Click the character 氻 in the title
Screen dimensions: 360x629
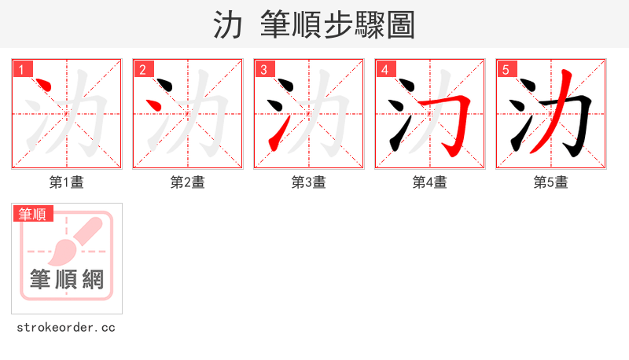click(227, 25)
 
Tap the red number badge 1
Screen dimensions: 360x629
click(22, 70)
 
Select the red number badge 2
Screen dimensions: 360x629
click(143, 70)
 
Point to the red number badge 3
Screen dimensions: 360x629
click(264, 70)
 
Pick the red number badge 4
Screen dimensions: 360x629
click(385, 70)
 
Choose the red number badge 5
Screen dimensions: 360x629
click(506, 70)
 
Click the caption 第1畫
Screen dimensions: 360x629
click(67, 182)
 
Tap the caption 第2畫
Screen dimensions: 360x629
click(188, 182)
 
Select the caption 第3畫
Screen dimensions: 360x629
click(309, 182)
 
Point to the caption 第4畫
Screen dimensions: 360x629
click(430, 182)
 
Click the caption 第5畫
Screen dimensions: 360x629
click(551, 182)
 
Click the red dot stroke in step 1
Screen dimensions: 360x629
click(45, 86)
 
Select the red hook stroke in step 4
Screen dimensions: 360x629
click(463, 118)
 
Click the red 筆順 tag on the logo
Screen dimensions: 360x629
click(33, 213)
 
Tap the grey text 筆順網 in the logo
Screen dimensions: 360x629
click(67, 279)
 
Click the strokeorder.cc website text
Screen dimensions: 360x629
click(66, 327)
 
